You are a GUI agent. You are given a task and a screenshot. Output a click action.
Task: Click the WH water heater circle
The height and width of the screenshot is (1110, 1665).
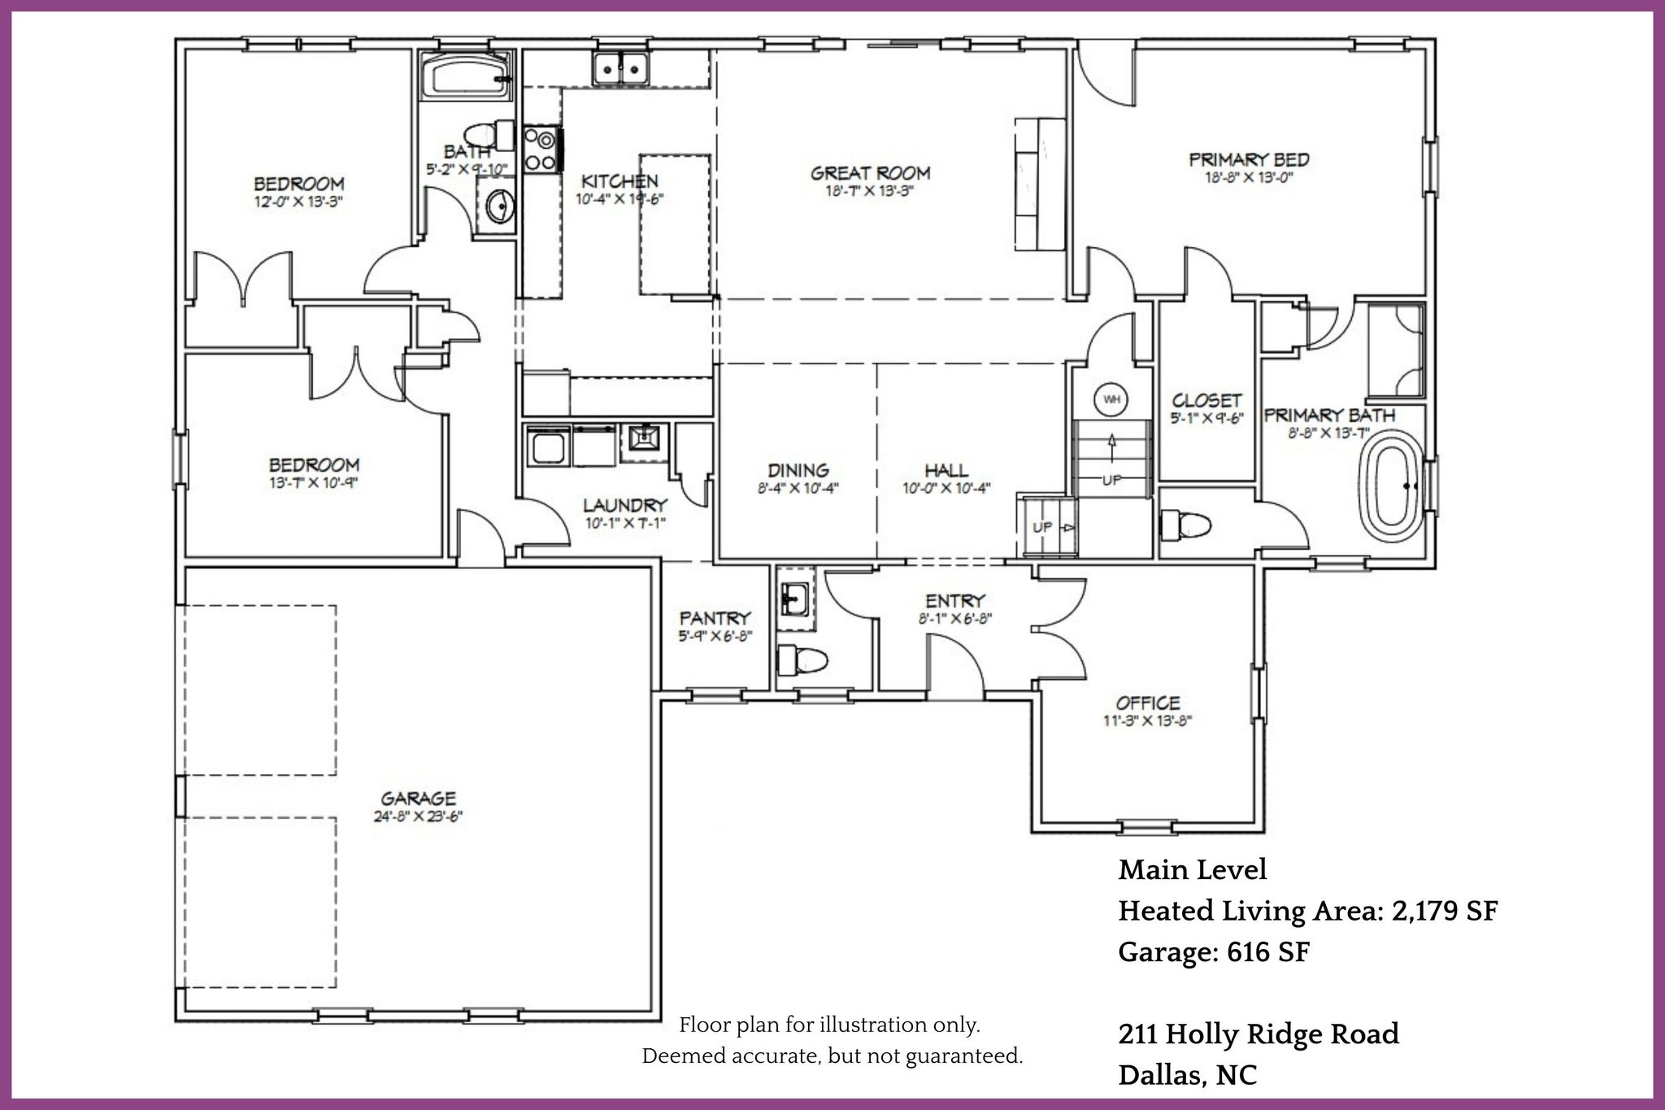tap(1111, 399)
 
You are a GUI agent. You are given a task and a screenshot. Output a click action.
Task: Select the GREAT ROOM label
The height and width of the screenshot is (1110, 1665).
tap(870, 173)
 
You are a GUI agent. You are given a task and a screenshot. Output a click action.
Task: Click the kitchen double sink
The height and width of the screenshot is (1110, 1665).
tap(620, 67)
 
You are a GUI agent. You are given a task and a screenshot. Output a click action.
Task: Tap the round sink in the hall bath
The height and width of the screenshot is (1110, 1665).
tap(498, 207)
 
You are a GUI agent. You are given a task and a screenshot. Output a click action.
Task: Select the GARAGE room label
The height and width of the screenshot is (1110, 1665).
tap(418, 799)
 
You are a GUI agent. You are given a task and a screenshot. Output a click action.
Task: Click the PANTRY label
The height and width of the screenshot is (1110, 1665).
tap(715, 619)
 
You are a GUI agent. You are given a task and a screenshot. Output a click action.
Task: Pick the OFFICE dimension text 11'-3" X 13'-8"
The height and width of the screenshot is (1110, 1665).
tap(1147, 720)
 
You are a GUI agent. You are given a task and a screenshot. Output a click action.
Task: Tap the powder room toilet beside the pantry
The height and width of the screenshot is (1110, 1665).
tap(802, 659)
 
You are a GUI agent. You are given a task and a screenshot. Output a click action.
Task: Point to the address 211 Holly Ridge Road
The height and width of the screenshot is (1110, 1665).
tap(1259, 1034)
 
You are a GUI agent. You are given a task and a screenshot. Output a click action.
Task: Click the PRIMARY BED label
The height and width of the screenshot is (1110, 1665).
tap(1249, 160)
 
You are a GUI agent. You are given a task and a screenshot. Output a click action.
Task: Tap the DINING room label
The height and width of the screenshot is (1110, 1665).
tap(798, 471)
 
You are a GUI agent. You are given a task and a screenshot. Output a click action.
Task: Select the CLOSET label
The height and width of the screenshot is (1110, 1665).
tap(1206, 401)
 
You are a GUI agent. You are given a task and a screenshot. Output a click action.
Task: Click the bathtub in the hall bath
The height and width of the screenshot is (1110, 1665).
tap(466, 76)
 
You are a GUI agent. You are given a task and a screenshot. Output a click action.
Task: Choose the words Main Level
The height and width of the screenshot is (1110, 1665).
tap(1192, 870)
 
